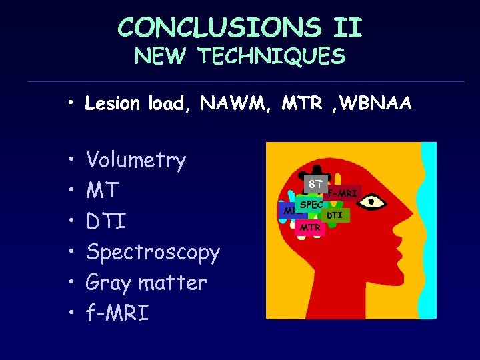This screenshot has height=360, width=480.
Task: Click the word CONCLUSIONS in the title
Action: (x=219, y=27)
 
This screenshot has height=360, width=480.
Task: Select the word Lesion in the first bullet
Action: (x=113, y=103)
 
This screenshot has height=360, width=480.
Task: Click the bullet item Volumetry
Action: (x=136, y=160)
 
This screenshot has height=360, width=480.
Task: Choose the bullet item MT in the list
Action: (x=103, y=191)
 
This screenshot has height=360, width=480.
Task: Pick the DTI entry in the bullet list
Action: (x=106, y=221)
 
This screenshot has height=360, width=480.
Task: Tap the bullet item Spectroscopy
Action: (x=153, y=253)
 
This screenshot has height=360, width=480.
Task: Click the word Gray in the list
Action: (x=110, y=283)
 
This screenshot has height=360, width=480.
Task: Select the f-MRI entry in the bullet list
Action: (x=117, y=313)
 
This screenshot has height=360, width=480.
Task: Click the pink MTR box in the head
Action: (x=309, y=228)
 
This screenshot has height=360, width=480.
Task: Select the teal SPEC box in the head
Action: (x=310, y=205)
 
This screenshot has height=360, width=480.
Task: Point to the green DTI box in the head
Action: (x=335, y=215)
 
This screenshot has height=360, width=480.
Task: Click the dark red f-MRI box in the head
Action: (x=343, y=193)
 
